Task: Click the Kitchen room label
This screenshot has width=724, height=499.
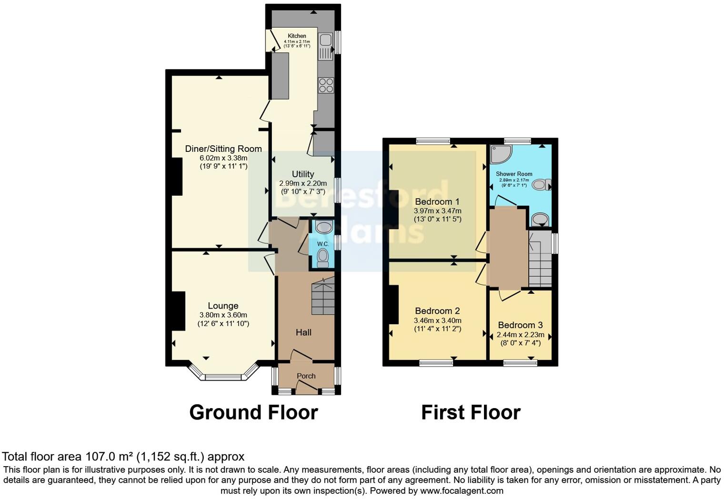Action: pos(297,36)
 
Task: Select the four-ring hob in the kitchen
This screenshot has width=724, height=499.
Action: pos(326,85)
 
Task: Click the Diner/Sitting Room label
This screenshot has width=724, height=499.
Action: pos(223,149)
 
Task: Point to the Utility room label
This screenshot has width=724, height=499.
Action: pos(303,174)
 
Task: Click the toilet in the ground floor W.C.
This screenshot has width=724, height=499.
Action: pos(323,257)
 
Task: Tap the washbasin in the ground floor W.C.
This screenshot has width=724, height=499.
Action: pos(324,227)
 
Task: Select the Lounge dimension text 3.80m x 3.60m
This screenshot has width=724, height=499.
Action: pos(223,315)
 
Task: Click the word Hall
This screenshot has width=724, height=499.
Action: pos(303,332)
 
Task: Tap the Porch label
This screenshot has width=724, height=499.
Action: pos(306,376)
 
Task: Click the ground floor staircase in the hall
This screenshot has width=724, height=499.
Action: pos(323,298)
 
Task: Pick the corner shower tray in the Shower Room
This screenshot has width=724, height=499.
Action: pos(501,154)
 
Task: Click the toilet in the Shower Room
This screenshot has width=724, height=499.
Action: pos(541,184)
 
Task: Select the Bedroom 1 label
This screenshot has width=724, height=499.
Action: pos(437,201)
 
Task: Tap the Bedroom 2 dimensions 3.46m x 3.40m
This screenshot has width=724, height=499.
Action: pos(437,320)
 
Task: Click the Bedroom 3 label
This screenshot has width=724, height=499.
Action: pos(520,325)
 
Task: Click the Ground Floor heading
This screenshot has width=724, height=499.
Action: pos(253,412)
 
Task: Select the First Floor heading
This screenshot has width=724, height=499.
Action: pos(471,412)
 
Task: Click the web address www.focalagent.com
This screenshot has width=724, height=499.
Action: pos(462,490)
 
